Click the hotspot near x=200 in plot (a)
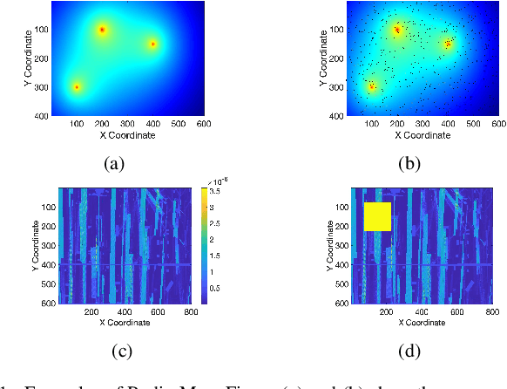[102, 30]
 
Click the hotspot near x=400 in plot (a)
[152, 44]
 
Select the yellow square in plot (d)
[377, 216]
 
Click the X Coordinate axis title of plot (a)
[127, 135]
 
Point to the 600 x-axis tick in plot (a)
[203, 125]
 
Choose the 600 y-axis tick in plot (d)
[341, 303]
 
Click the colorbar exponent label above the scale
[210, 181]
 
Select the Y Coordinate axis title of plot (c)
[22, 246]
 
